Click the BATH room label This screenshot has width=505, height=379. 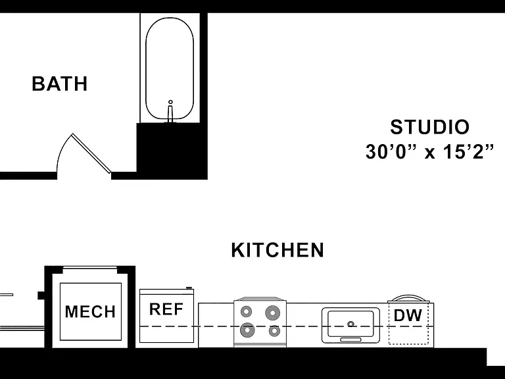click(x=60, y=84)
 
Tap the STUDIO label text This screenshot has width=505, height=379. click(x=430, y=127)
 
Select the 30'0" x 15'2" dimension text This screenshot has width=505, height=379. click(x=429, y=151)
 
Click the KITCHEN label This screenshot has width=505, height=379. click(x=277, y=250)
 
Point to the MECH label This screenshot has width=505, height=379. click(x=90, y=311)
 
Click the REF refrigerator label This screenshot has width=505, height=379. click(x=166, y=309)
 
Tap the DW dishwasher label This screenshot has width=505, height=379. click(x=408, y=315)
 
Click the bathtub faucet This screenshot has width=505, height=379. click(x=170, y=111)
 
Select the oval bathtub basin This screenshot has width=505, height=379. click(x=170, y=68)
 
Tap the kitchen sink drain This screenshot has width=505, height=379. click(x=350, y=324)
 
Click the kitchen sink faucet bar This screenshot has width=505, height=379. click(x=350, y=340)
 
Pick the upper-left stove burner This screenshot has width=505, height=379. click(x=247, y=312)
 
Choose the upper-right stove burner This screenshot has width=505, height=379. click(x=272, y=313)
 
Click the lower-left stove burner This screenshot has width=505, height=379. click(x=247, y=330)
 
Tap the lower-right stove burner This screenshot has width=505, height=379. click(x=274, y=330)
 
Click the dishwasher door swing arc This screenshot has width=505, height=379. click(x=408, y=297)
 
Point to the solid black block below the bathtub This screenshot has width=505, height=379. click(x=172, y=151)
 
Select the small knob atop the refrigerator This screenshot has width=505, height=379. click(x=189, y=288)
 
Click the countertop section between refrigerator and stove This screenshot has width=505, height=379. click(x=216, y=325)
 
